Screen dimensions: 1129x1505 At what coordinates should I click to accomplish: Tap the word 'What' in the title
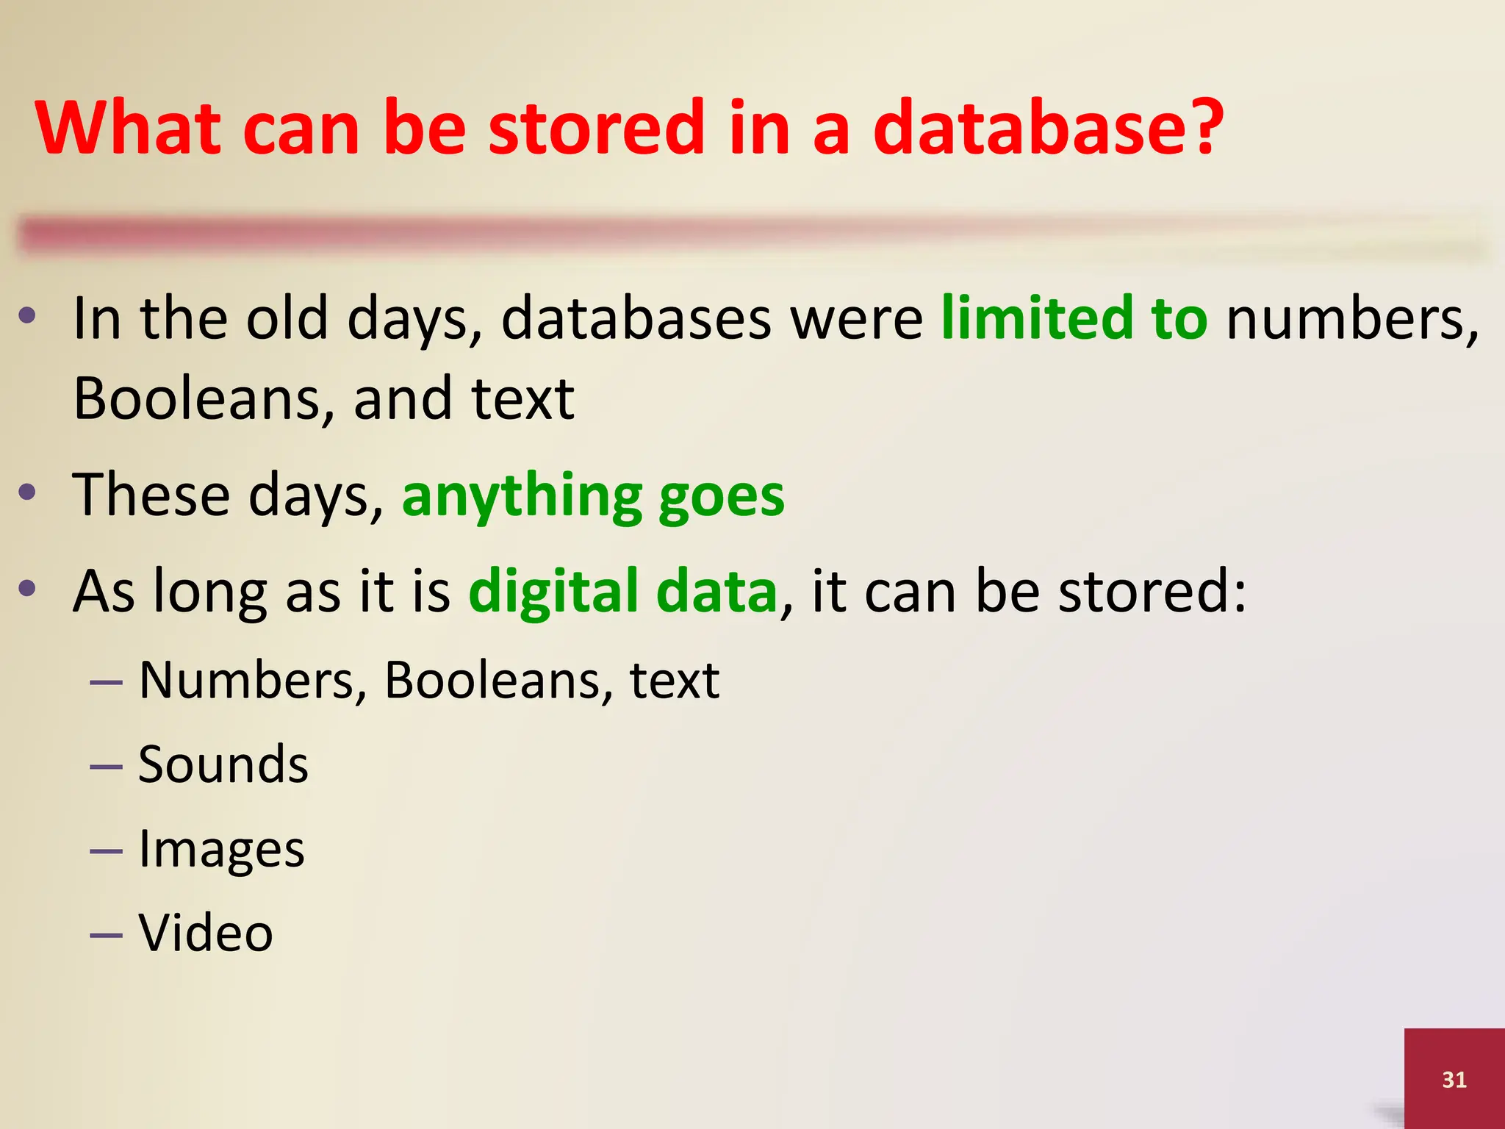coord(129,129)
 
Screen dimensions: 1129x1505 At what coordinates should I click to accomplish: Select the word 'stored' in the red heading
coord(595,129)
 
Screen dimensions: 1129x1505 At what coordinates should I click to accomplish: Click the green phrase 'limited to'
coord(1074,318)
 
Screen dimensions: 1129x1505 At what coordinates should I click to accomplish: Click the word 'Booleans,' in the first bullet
coord(204,399)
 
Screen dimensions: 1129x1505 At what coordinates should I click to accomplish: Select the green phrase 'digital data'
coord(622,592)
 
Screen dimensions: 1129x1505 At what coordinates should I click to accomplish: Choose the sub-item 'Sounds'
coord(223,764)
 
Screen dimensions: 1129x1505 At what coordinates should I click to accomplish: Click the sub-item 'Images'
coord(221,850)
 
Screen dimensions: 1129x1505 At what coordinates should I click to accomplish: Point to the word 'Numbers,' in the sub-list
coord(252,681)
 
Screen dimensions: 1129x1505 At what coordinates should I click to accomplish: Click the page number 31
coord(1454,1079)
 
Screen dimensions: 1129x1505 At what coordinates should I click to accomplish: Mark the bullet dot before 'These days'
coord(28,491)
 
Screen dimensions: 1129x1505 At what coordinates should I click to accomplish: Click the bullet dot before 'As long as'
coord(28,587)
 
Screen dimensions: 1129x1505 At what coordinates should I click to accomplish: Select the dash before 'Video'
coord(106,936)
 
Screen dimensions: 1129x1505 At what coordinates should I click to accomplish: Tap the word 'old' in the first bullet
coord(287,319)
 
